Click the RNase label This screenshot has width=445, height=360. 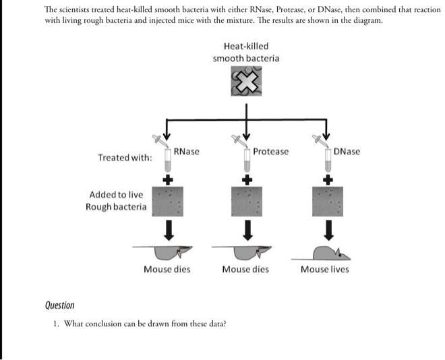[x=186, y=152]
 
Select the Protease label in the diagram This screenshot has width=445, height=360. [x=270, y=152]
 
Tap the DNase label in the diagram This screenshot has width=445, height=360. [x=347, y=152]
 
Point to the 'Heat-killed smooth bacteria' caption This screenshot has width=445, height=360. [x=245, y=52]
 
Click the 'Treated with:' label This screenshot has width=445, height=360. [x=125, y=158]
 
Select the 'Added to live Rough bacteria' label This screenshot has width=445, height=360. [x=115, y=200]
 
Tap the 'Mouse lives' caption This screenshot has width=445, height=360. [x=325, y=269]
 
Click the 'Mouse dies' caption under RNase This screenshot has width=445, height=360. [x=167, y=269]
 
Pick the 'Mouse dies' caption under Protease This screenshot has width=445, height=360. [x=245, y=269]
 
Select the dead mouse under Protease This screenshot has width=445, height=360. [x=247, y=252]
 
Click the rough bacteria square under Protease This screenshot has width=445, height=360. [x=247, y=200]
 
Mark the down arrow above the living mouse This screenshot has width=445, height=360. [x=328, y=231]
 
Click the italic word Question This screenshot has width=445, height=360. [x=59, y=305]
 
